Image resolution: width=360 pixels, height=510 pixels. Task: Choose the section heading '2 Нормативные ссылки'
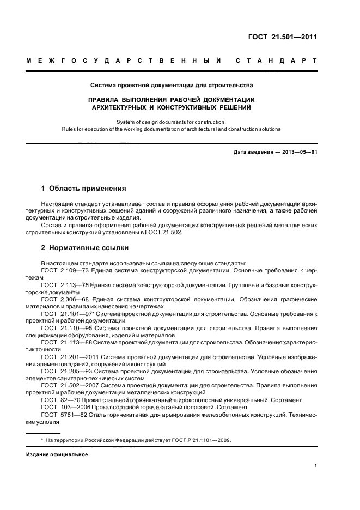(x=84, y=248)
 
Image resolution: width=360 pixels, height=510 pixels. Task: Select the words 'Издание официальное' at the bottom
(x=57, y=454)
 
